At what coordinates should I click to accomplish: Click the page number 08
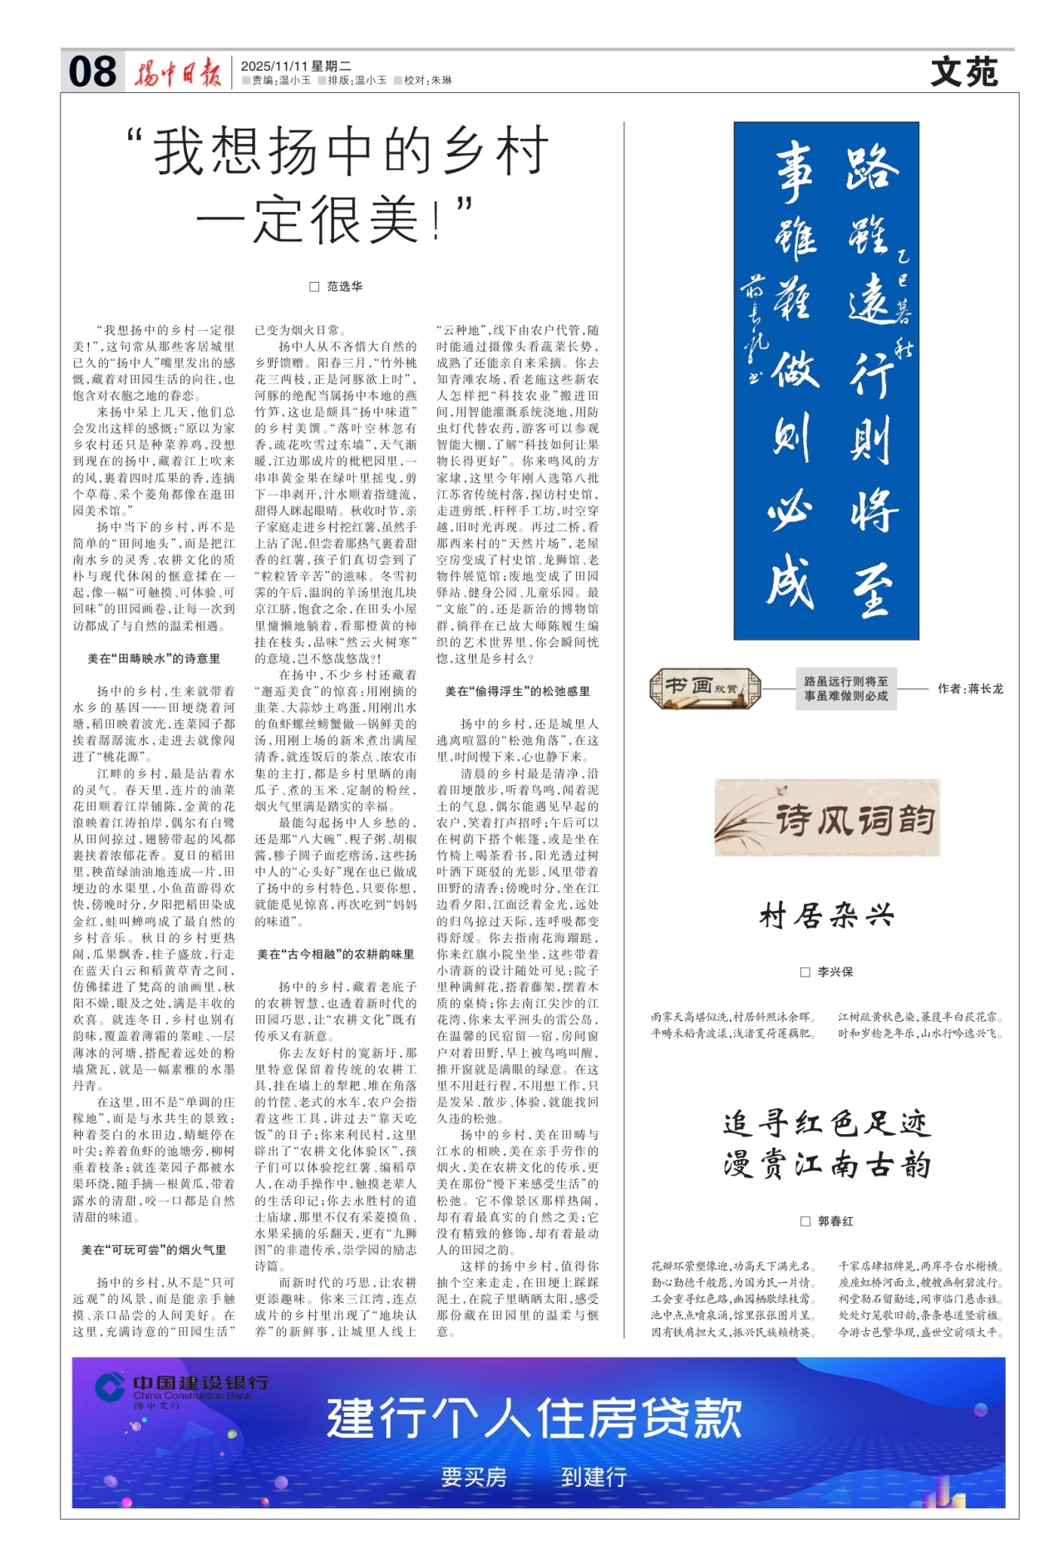[91, 72]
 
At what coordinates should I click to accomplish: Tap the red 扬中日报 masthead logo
[178, 74]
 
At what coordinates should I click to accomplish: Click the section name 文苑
[964, 72]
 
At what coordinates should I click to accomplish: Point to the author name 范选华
[343, 286]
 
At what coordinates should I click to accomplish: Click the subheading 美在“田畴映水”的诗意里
[154, 659]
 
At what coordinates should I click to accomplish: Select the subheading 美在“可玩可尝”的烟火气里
[154, 1250]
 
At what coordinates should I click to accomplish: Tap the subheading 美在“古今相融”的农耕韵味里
[335, 955]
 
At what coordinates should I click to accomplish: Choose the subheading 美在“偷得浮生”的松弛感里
[517, 691]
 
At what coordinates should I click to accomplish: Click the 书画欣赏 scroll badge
[704, 688]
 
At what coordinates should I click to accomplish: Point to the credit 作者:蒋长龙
[969, 688]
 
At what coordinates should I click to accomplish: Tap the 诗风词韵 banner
[827, 818]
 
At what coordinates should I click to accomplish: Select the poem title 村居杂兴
[827, 916]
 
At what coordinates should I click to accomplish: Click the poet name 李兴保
[835, 971]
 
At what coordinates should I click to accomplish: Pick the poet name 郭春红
[835, 1221]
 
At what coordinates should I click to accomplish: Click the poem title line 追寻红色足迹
[827, 1124]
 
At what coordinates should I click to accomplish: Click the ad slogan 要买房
[474, 1477]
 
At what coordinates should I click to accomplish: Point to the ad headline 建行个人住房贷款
[534, 1418]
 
